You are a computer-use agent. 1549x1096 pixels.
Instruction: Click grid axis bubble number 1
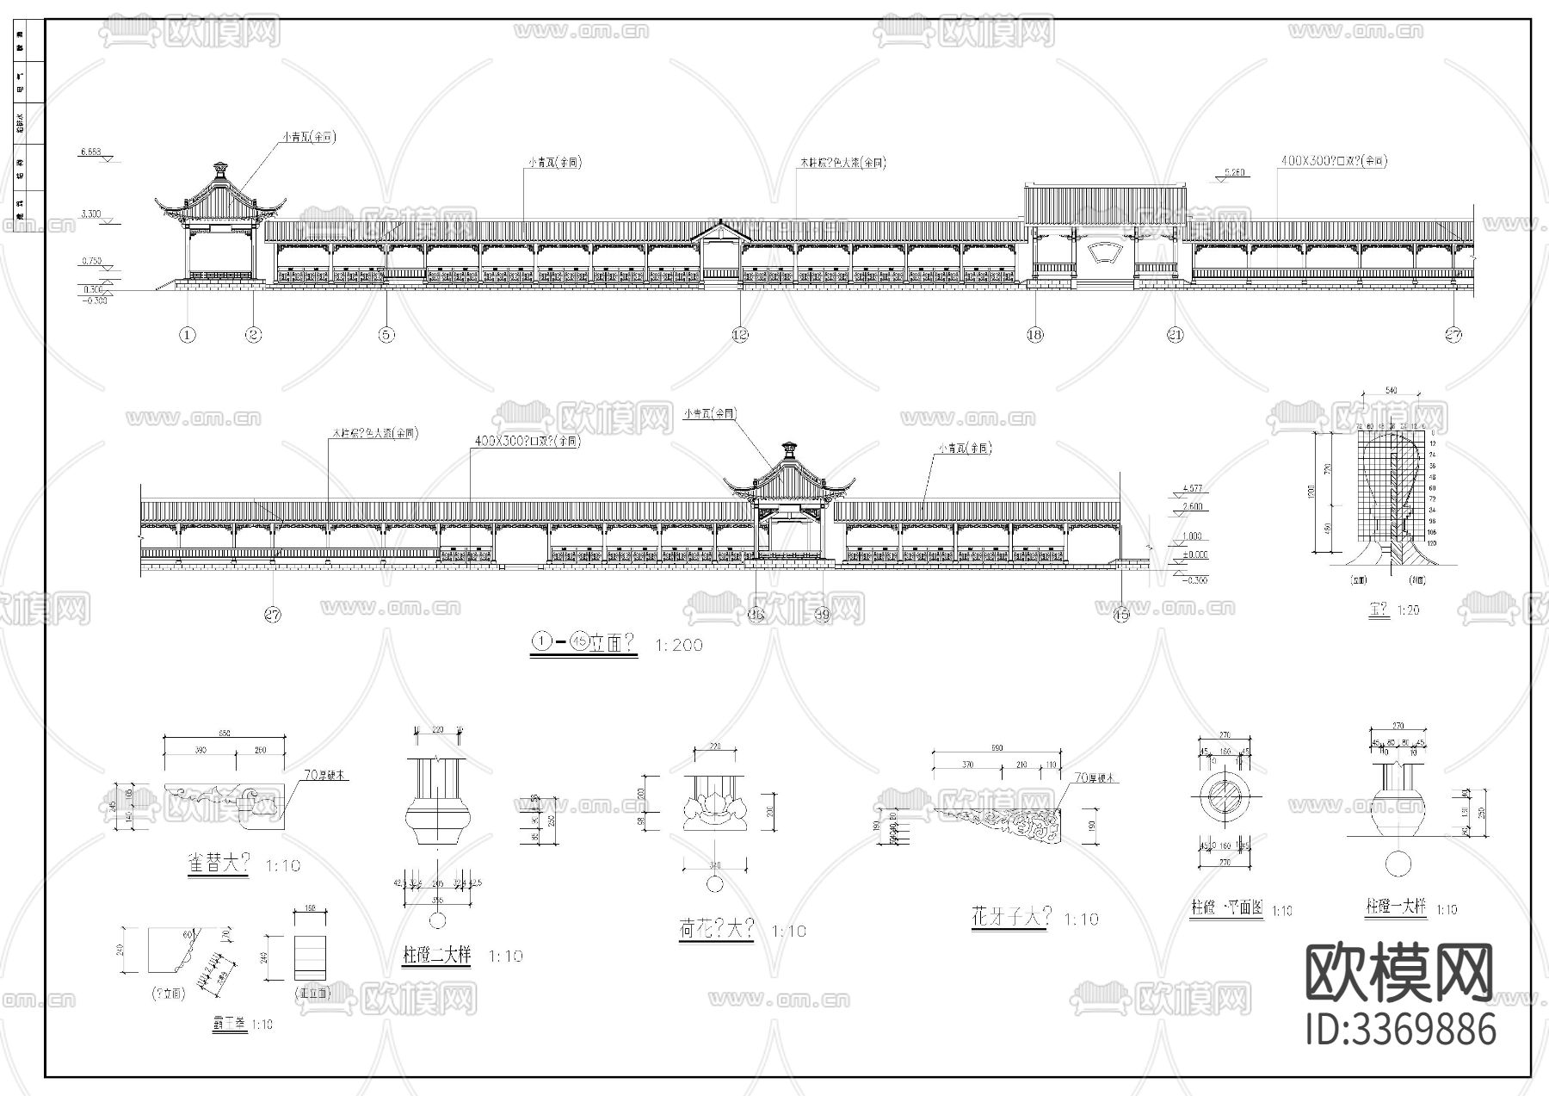tap(188, 335)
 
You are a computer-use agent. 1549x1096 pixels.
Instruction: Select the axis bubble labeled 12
tap(740, 335)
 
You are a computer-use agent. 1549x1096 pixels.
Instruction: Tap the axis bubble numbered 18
tap(1034, 335)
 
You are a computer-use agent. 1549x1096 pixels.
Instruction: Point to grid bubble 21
tap(1176, 335)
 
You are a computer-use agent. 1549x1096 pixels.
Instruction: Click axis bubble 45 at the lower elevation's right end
tap(1121, 615)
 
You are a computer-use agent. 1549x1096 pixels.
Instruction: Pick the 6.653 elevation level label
tap(90, 152)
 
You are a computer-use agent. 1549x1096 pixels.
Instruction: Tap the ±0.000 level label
tap(1194, 555)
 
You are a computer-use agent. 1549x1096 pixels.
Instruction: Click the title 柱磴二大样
tap(437, 956)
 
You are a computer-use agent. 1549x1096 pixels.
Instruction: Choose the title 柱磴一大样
tap(1396, 907)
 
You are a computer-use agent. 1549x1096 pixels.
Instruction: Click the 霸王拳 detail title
tap(231, 1025)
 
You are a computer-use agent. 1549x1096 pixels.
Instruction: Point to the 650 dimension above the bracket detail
tap(225, 733)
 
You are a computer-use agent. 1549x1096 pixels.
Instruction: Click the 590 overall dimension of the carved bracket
tap(996, 747)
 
